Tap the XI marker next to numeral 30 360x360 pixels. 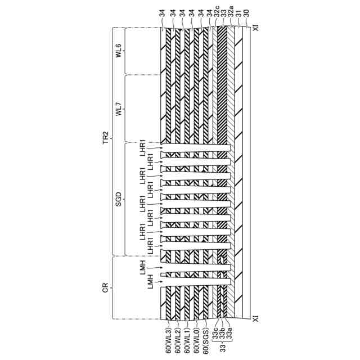[x=255, y=27]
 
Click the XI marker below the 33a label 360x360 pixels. [x=255, y=318]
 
